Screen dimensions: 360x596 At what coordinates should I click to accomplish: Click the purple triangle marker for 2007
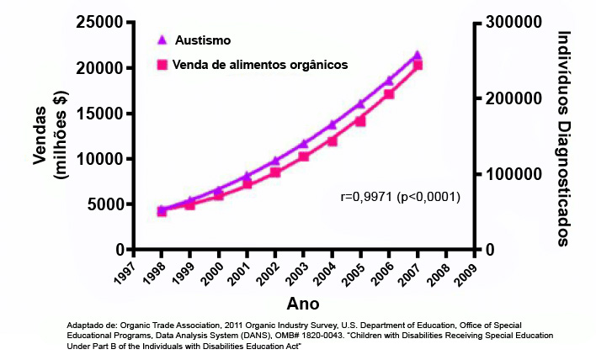[418, 56]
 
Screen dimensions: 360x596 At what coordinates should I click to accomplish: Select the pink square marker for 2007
[418, 65]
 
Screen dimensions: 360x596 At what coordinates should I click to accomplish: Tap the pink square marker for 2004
[333, 140]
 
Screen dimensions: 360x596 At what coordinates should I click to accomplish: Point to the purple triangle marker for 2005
[360, 103]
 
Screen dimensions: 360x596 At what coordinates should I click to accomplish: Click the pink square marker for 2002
[275, 172]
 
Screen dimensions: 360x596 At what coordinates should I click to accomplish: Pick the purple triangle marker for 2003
[304, 144]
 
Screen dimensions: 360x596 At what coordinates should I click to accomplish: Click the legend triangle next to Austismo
[162, 40]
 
